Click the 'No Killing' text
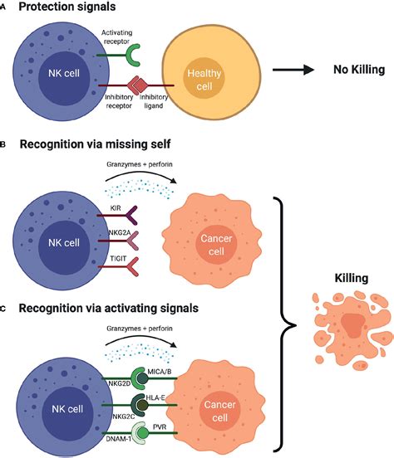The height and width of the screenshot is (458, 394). click(359, 70)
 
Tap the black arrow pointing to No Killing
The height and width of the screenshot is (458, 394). click(293, 70)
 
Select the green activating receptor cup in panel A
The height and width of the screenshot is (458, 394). click(133, 55)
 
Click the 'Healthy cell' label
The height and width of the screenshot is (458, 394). click(204, 80)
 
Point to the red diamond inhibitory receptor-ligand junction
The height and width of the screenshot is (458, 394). click(136, 85)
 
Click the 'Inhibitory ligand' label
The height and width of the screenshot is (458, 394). click(154, 101)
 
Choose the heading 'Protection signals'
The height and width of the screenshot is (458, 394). click(67, 7)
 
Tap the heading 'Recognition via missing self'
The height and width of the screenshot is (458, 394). click(95, 144)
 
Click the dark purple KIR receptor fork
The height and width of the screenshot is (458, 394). click(131, 215)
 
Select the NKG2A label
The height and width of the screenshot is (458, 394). click(120, 233)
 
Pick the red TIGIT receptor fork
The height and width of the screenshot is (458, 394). click(131, 266)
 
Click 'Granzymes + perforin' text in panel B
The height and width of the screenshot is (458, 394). click(140, 164)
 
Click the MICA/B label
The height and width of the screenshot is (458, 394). click(160, 372)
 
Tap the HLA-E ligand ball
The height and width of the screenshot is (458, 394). click(142, 405)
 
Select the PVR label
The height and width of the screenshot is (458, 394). click(160, 427)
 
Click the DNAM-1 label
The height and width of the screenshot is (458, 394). click(119, 438)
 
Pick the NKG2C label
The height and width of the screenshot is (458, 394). click(124, 417)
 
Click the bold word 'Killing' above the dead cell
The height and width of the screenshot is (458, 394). click(352, 278)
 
